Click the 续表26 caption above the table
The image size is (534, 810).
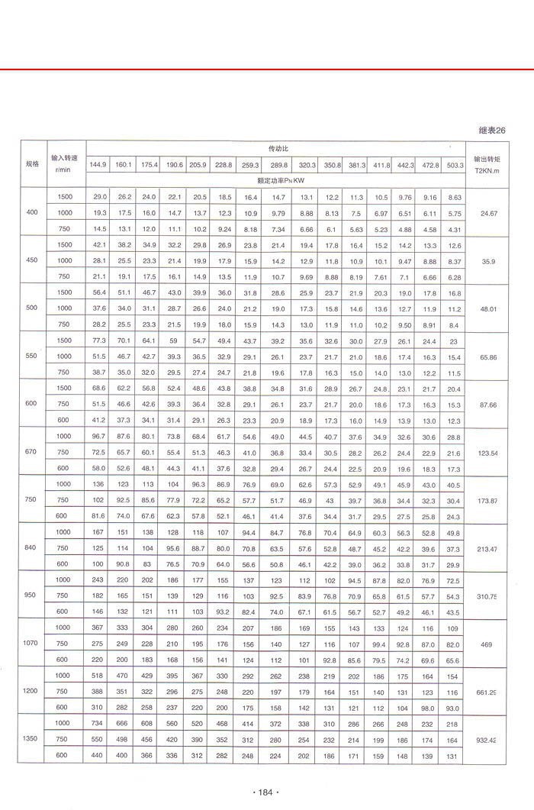(491, 131)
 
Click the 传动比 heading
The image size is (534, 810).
(276, 148)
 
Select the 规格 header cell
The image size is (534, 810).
(32, 163)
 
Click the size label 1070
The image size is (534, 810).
(32, 644)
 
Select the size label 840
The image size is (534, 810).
(32, 548)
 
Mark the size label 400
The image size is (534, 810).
(32, 213)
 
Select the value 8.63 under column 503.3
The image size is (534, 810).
(455, 198)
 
